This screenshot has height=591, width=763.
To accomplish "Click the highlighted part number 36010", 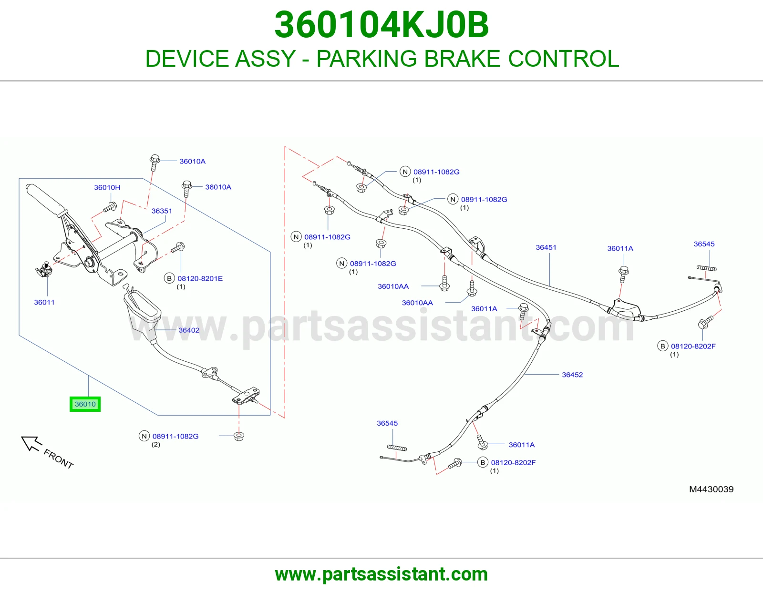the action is (85, 404).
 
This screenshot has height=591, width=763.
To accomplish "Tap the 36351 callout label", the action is (162, 211).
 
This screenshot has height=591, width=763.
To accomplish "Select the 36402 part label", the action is (189, 330).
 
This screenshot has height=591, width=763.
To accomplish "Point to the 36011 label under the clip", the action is (44, 302).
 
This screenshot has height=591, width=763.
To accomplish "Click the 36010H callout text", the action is (107, 187).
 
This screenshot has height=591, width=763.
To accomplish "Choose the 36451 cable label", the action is (546, 247).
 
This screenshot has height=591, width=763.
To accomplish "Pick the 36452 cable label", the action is (572, 375).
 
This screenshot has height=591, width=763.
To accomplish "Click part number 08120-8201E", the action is (200, 278).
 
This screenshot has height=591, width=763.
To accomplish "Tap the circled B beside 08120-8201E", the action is (169, 278).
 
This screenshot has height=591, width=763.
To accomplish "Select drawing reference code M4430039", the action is (711, 489).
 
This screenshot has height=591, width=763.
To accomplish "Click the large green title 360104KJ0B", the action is (381, 25).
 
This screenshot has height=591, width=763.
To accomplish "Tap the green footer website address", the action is (381, 574).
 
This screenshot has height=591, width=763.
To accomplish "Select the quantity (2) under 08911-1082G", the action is (156, 444).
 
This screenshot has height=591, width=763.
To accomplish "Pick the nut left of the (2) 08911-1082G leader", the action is (239, 436).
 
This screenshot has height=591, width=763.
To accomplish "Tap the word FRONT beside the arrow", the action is (59, 459).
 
